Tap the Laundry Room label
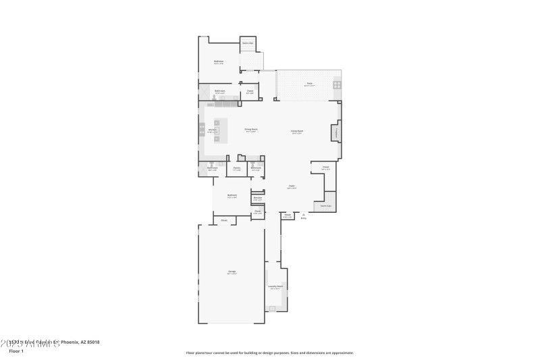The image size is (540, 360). coord(275,286)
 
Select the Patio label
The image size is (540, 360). coord(308,84)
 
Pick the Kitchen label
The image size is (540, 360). coord(212,130)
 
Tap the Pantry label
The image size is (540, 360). coord(237,168)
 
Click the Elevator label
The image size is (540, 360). coord(257,199)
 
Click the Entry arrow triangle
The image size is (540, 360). coord(303,214)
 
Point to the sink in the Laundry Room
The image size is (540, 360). coord(273,308)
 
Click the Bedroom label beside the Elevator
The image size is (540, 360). coord(232,197)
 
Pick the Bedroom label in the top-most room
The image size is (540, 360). coord(219,62)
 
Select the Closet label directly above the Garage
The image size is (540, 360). coord(224,220)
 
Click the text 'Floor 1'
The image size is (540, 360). coord(16,351)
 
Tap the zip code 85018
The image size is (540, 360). coord(93,342)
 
